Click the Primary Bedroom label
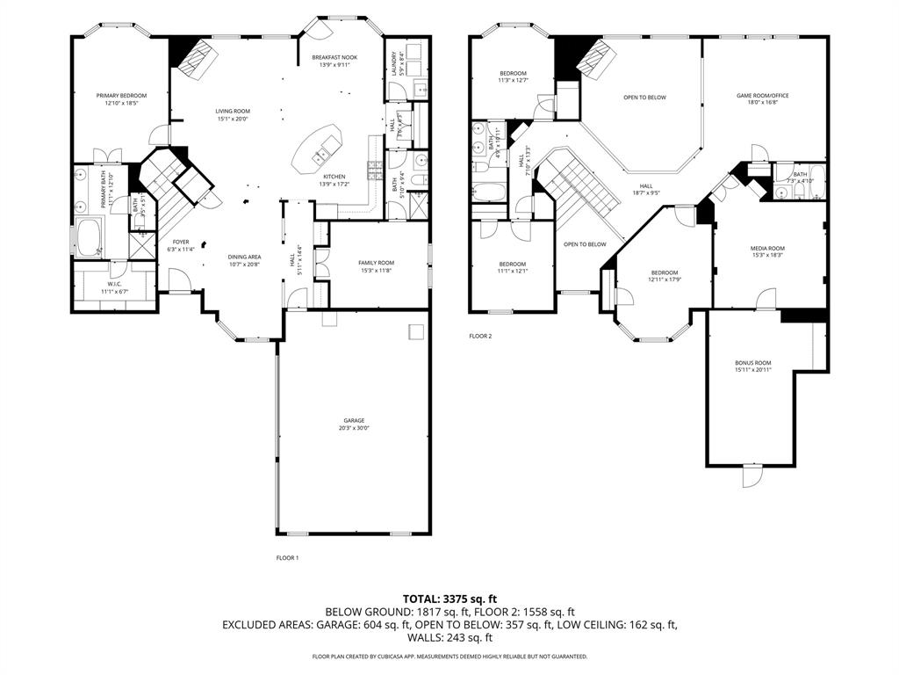pos(121,95)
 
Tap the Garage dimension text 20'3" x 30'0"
pos(354,429)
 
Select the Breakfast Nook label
pos(334,57)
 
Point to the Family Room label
pos(376,263)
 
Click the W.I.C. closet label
pos(114,284)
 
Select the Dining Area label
pos(245,257)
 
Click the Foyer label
pos(180,242)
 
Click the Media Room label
pos(767,249)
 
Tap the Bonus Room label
pos(752,363)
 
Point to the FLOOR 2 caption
pos(480,336)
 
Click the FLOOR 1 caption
pos(287,557)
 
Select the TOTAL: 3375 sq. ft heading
pos(449,598)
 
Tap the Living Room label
pos(233,111)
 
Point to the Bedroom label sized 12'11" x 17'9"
pos(665,272)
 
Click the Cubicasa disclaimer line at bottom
pos(449,657)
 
